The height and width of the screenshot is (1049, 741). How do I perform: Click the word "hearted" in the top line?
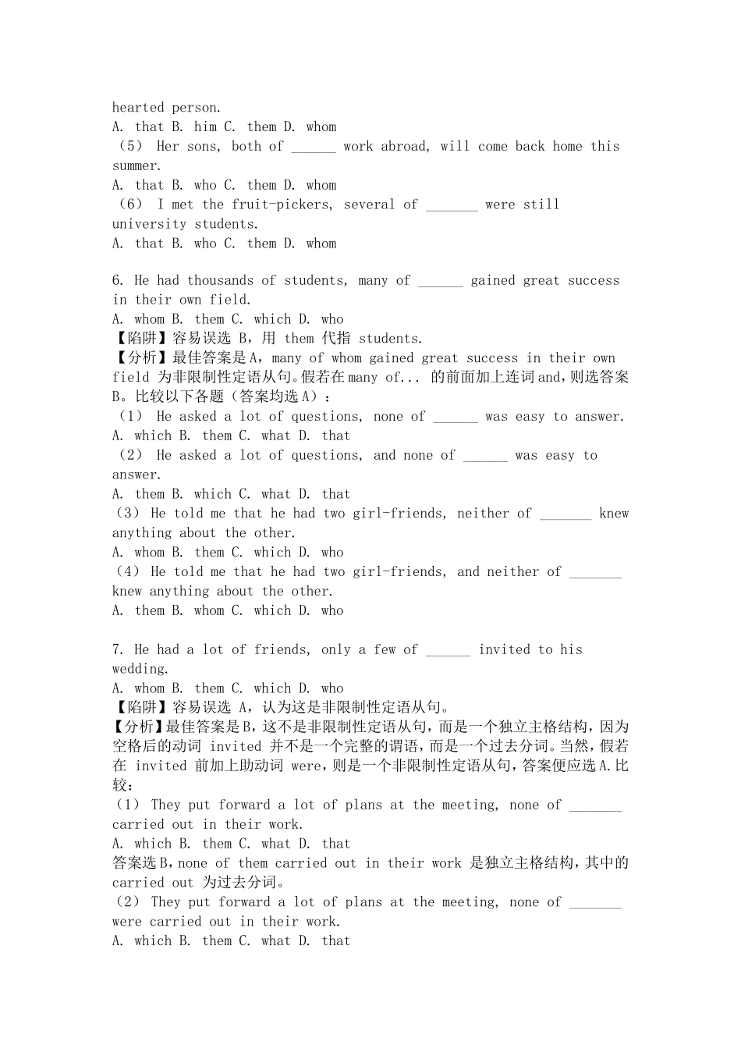[x=138, y=108]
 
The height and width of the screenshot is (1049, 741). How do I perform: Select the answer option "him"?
[x=205, y=127]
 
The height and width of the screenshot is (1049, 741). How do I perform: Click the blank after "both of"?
[x=314, y=147]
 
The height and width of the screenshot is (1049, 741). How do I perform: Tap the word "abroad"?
[x=404, y=147]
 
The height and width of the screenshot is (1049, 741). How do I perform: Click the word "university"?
[x=149, y=225]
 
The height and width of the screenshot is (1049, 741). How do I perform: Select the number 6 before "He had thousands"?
[x=117, y=281]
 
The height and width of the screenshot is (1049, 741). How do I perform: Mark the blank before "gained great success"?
[x=441, y=281]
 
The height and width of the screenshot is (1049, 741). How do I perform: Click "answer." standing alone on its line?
[x=136, y=475]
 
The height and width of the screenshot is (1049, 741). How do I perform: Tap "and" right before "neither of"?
[x=468, y=572]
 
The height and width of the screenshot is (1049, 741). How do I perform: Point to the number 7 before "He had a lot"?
[x=117, y=650]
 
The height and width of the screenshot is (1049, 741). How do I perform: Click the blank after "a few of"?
[x=448, y=650]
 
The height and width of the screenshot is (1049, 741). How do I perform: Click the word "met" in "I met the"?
[x=183, y=205]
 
